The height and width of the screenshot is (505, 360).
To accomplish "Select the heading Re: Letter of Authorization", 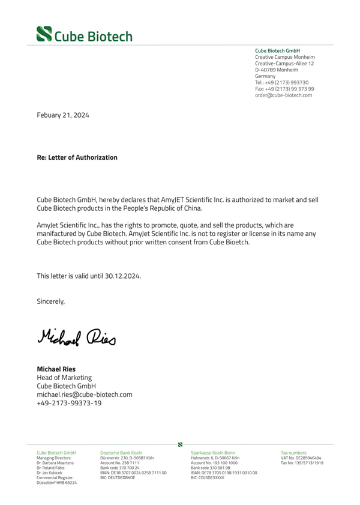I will pos(77,157).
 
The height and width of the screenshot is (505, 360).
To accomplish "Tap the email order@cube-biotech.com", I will pos(283,95).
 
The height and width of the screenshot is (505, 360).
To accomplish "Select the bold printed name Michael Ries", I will pos(56,368).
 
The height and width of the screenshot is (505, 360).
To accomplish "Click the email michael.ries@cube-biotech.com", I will pos(85,395).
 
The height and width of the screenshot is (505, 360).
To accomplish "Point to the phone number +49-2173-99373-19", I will pos(69,404).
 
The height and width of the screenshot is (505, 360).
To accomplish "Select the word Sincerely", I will pos(51,301).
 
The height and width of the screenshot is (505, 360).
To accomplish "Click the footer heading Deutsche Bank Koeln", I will pos(121,452).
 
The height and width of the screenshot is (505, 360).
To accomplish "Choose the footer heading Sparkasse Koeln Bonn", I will pos(212,452).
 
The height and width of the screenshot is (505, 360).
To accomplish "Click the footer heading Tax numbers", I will pos(293,452).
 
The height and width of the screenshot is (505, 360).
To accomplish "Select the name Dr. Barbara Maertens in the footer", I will pos(56,462).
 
